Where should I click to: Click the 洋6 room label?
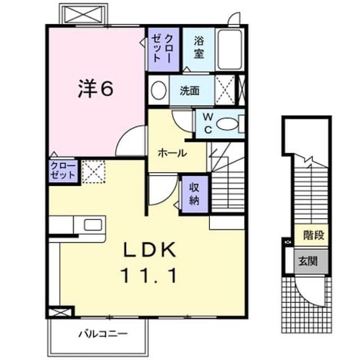click(x=96, y=89)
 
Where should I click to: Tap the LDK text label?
click(x=150, y=250)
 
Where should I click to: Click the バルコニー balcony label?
click(x=103, y=334)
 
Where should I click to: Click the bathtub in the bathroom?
click(x=230, y=49)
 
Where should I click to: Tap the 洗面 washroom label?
click(x=190, y=91)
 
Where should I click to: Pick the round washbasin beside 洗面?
click(x=159, y=90)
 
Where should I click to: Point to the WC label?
click(x=208, y=124)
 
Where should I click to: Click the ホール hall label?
click(x=173, y=153)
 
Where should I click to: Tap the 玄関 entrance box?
click(x=311, y=261)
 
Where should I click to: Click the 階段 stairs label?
click(x=314, y=235)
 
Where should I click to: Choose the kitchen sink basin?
click(x=93, y=225)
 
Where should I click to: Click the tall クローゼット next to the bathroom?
click(x=164, y=49)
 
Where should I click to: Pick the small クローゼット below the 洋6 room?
click(x=63, y=171)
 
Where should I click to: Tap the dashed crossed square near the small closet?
click(x=93, y=172)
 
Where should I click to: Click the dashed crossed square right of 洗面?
click(x=225, y=90)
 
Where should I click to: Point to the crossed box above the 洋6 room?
click(x=83, y=14)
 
